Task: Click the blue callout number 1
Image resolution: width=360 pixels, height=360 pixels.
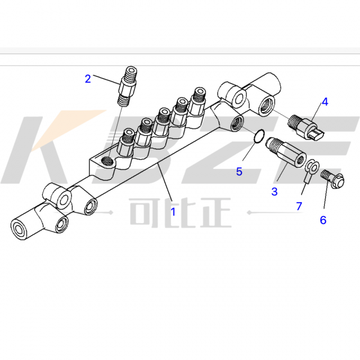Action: pyautogui.click(x=173, y=212)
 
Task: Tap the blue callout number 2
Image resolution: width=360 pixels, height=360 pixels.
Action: pyautogui.click(x=88, y=79)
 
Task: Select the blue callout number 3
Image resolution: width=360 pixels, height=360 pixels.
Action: pyautogui.click(x=274, y=192)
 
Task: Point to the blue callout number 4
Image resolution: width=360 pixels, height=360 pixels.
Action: pyautogui.click(x=325, y=102)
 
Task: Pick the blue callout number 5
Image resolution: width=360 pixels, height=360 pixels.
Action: pyautogui.click(x=239, y=172)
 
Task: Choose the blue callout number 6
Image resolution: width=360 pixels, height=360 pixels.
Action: pyautogui.click(x=323, y=220)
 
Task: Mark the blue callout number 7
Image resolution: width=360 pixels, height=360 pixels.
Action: pyautogui.click(x=299, y=206)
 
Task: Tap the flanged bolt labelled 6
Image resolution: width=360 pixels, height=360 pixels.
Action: pyautogui.click(x=332, y=178)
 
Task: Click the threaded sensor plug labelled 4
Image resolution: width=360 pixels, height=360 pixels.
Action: pyautogui.click(x=305, y=128)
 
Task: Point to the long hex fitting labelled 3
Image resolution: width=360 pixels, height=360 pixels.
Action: pyautogui.click(x=285, y=152)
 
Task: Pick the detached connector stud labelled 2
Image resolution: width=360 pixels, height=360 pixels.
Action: pyautogui.click(x=128, y=86)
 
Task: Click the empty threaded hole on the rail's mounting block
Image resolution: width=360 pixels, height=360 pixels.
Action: pyautogui.click(x=107, y=161)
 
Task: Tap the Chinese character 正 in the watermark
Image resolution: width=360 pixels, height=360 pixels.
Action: pyautogui.click(x=215, y=212)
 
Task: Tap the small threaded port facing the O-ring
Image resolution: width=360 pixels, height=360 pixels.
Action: pyautogui.click(x=237, y=123)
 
